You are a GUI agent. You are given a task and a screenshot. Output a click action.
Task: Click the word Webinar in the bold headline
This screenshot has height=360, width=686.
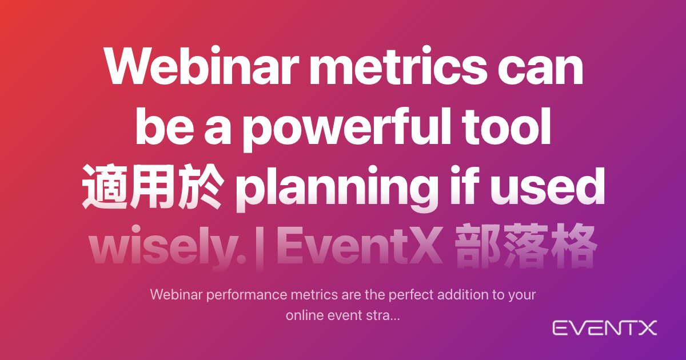(x=202, y=65)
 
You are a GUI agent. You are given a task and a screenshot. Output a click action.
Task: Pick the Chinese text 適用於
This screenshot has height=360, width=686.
(x=151, y=187)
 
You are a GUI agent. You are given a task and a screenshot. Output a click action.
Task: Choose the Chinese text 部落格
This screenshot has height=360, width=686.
(x=526, y=246)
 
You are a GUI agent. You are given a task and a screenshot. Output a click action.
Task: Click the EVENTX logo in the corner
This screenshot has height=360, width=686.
(x=605, y=328)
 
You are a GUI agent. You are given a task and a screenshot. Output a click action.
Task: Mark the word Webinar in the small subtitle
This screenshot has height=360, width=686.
(x=177, y=295)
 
